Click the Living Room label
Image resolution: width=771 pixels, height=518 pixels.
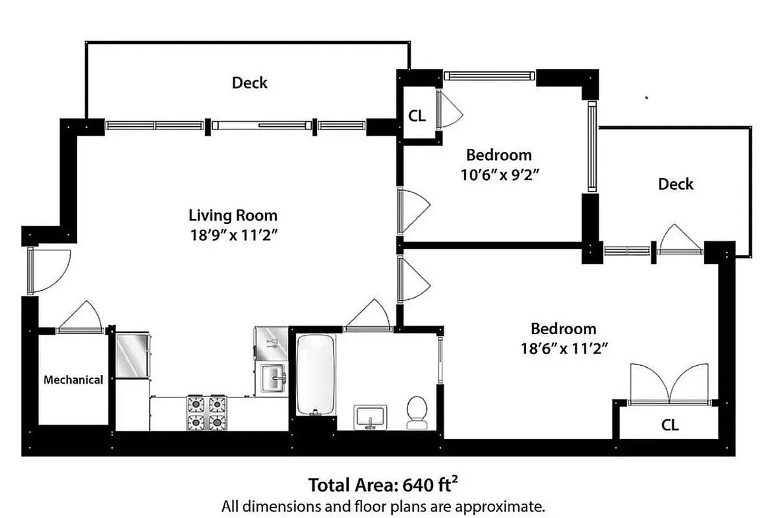pos(233,215)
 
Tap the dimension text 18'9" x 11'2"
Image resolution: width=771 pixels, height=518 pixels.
pos(233,235)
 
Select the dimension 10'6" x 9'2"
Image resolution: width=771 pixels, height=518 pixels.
pos(499,174)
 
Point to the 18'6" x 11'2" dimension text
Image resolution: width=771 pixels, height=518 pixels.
pos(563,348)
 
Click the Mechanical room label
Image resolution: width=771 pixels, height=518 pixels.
pos(73,380)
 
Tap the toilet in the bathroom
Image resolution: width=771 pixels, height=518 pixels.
pos(415,413)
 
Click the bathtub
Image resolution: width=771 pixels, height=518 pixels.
pos(316,375)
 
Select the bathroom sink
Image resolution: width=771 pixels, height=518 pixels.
pos(371,416)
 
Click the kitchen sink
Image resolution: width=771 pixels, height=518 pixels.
pos(272,377)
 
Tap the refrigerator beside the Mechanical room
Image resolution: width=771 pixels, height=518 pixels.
pos(133,355)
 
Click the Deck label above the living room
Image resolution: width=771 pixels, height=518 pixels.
pos(249,83)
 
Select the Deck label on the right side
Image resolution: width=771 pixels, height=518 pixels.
pos(675,184)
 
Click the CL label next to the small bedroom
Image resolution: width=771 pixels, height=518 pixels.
pos(417,116)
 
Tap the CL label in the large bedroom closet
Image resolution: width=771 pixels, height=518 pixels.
pos(670,425)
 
